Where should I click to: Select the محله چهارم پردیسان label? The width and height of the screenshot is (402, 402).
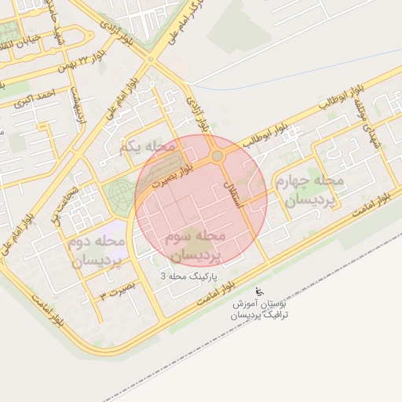(x=309, y=191)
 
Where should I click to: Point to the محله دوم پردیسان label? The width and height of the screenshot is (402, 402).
(x=95, y=252)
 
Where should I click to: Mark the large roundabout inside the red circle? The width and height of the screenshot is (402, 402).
(x=217, y=156)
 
